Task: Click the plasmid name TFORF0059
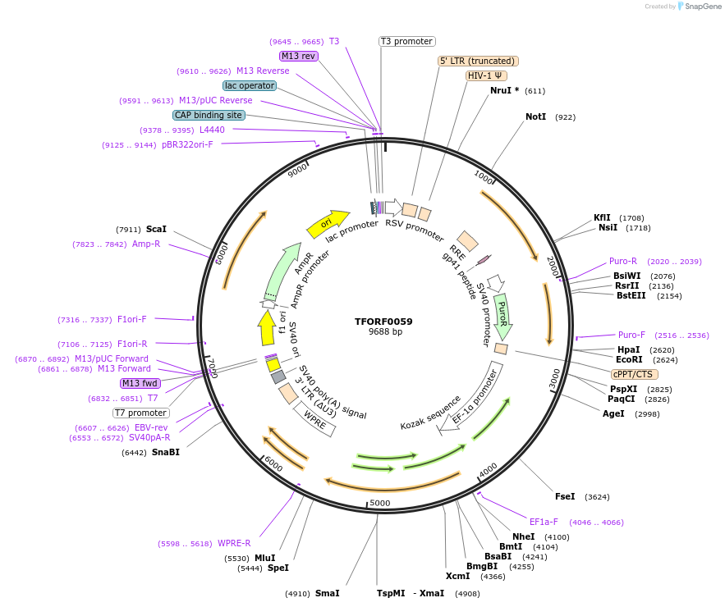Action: click(x=383, y=322)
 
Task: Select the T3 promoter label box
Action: click(x=406, y=41)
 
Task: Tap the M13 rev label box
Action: click(x=298, y=56)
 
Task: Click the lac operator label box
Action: click(x=249, y=85)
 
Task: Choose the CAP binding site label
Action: click(x=209, y=115)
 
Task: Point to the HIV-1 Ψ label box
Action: click(x=486, y=75)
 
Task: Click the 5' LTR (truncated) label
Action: click(x=478, y=61)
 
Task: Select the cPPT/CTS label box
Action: click(x=632, y=374)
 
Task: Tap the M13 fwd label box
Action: click(x=140, y=383)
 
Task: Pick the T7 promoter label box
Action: click(x=140, y=413)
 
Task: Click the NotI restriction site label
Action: click(x=535, y=117)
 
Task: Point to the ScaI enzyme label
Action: click(x=156, y=230)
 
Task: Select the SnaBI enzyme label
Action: click(x=165, y=452)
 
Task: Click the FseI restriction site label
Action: click(x=565, y=496)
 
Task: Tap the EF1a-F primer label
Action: click(x=544, y=522)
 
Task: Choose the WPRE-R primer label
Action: click(x=234, y=543)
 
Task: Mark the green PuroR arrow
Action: click(x=502, y=316)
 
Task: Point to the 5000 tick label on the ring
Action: click(x=379, y=503)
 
